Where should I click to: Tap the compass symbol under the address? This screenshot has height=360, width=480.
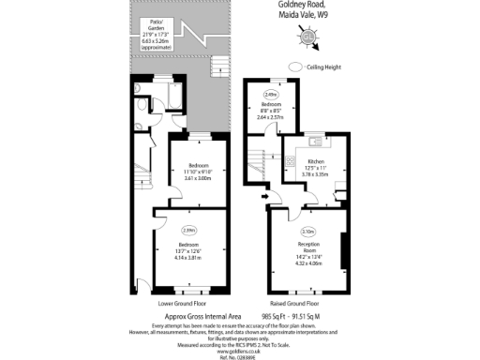tap(307, 37)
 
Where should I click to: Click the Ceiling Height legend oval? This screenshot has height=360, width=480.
tap(297, 67)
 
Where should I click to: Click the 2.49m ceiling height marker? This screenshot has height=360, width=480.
tap(270, 94)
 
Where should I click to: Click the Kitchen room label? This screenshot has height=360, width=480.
tap(316, 161)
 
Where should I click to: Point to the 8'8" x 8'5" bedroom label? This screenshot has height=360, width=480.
tap(270, 111)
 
